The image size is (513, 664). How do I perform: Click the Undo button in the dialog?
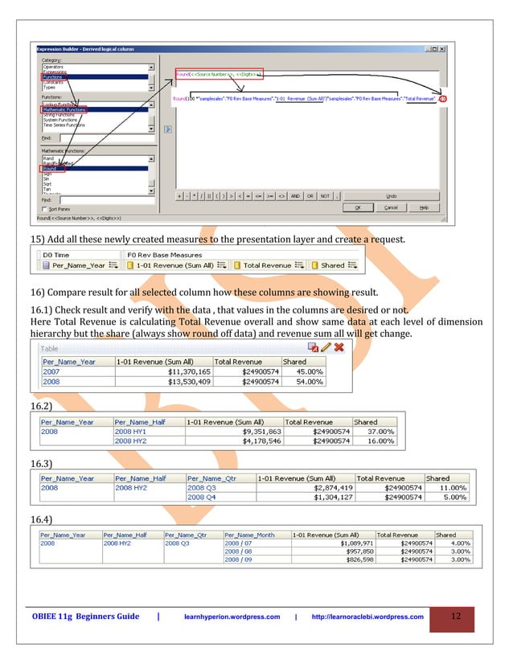[x=391, y=195]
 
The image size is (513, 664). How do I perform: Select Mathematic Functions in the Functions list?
[x=68, y=109]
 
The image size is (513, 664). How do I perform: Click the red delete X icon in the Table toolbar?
[x=339, y=347]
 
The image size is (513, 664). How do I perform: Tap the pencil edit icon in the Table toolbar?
[x=326, y=347]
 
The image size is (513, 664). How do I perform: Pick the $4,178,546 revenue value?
[x=256, y=441]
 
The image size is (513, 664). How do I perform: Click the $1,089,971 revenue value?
[x=347, y=543]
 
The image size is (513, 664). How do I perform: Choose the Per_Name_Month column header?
[x=249, y=535]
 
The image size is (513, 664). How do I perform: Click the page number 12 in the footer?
[x=456, y=617]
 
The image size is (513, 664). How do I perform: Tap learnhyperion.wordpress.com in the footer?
[x=232, y=617]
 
